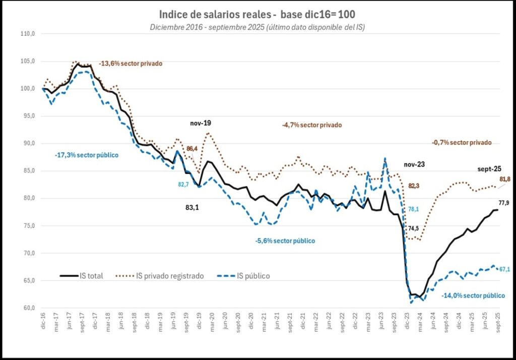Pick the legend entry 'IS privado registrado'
pyautogui.click(x=169, y=276)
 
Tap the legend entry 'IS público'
pyautogui.click(x=252, y=276)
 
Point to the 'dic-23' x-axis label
pyautogui.click(x=407, y=320)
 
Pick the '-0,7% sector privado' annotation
pyautogui.click(x=462, y=143)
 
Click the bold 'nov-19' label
pyautogui.click(x=201, y=123)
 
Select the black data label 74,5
pyautogui.click(x=414, y=228)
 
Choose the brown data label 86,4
pyautogui.click(x=192, y=149)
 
